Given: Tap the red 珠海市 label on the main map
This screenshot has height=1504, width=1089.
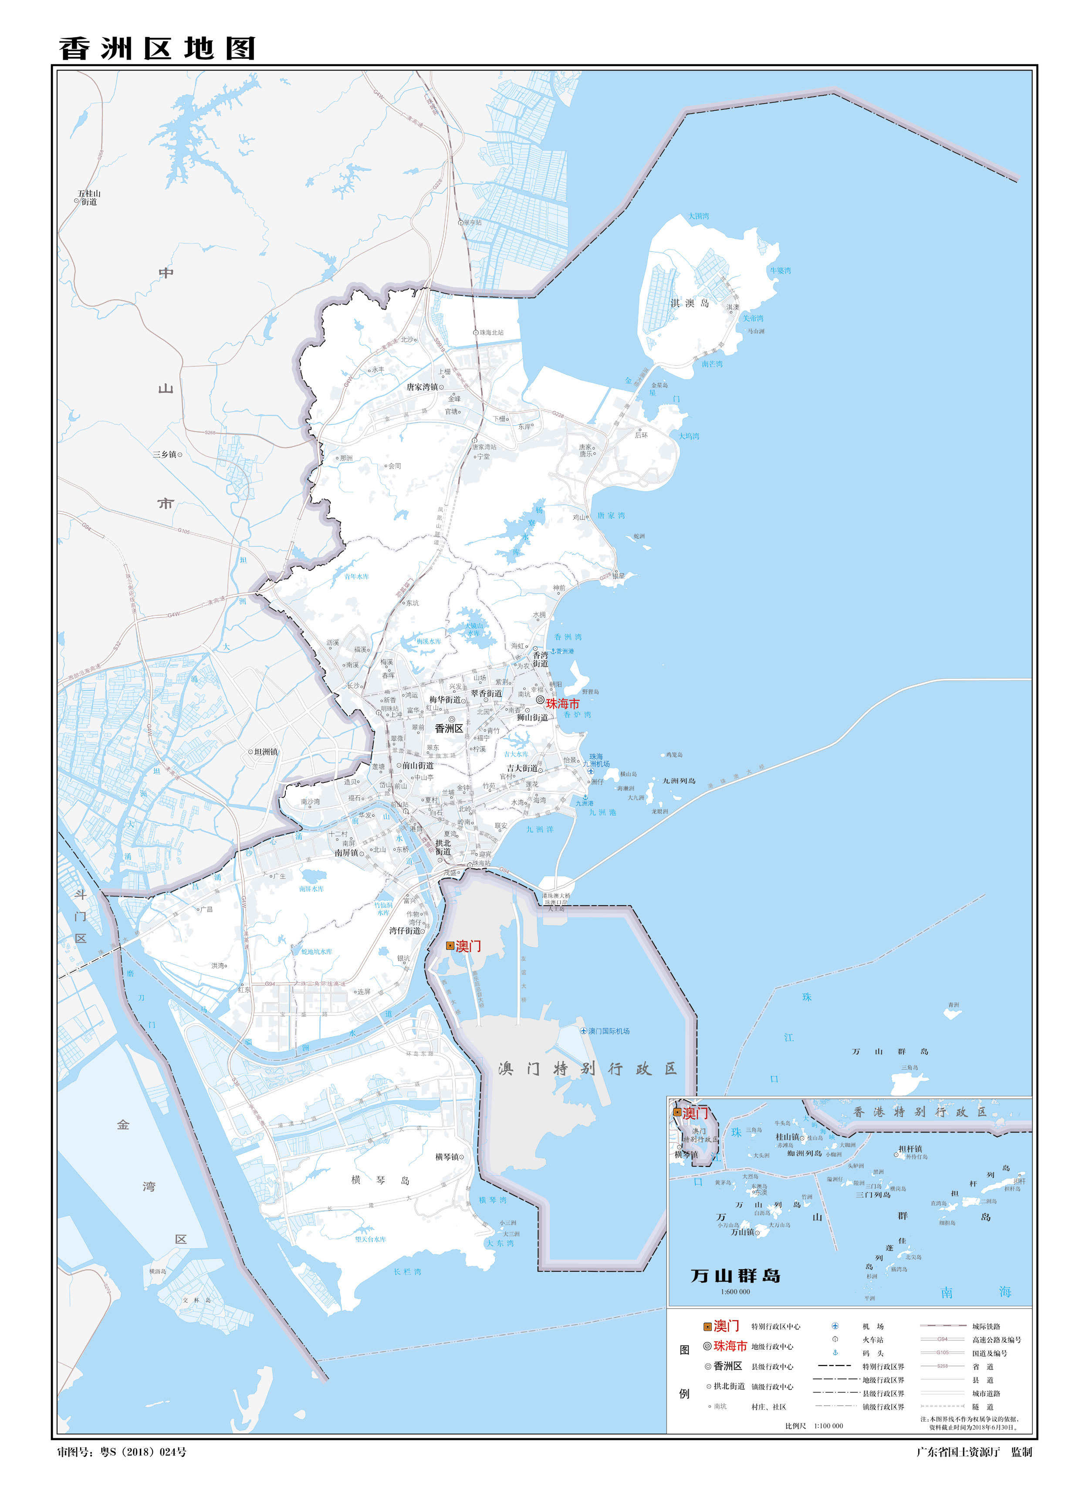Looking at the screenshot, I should [562, 703].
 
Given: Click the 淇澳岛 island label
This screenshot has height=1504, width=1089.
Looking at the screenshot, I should [690, 303].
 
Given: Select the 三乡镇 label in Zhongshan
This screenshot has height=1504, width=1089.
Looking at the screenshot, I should [165, 454].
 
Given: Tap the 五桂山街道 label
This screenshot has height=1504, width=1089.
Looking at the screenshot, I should [89, 198].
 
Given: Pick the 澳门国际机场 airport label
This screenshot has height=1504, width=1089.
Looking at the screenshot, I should [609, 1031].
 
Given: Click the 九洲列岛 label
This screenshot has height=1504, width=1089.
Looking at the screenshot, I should [679, 781].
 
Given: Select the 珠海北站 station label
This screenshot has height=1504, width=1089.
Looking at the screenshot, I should [491, 332].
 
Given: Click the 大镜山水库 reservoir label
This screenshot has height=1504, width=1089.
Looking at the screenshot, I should [473, 629].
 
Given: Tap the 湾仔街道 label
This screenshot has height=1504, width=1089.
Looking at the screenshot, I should [405, 930].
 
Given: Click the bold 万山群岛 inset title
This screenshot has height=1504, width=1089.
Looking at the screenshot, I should [735, 1275].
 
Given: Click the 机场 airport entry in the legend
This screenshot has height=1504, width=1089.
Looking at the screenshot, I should [873, 1326].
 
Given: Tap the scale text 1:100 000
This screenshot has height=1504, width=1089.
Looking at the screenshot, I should [829, 1426].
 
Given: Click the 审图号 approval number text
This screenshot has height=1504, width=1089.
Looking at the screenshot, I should [122, 1452].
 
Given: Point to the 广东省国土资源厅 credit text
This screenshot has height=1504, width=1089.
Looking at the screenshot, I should [958, 1452].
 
